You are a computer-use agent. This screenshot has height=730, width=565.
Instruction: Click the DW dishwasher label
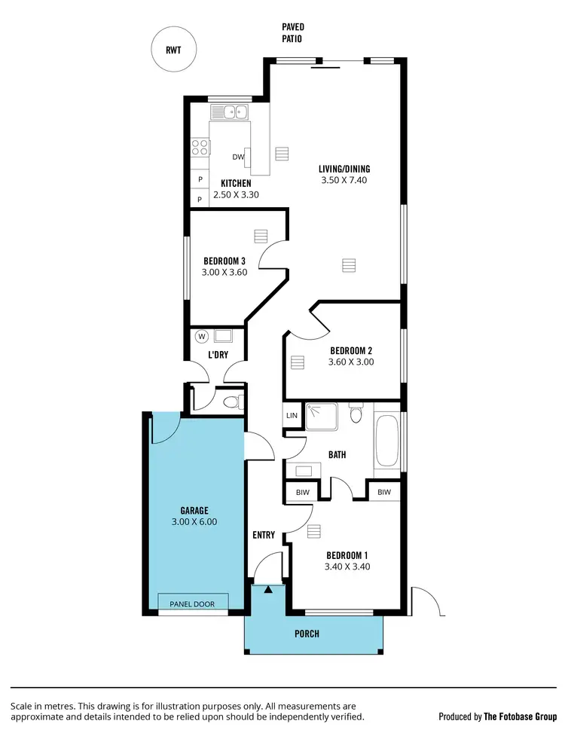click(238, 157)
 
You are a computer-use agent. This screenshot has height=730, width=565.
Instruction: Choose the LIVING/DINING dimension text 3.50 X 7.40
click(344, 180)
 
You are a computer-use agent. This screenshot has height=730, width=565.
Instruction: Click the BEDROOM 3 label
click(224, 261)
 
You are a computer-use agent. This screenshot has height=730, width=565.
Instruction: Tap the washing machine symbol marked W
click(201, 336)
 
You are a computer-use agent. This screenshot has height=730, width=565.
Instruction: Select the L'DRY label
click(218, 355)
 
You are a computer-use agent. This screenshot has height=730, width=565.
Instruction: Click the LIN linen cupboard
click(292, 415)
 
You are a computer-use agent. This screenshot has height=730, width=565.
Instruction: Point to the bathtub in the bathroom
click(388, 440)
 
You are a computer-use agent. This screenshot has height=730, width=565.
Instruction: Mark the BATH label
click(337, 455)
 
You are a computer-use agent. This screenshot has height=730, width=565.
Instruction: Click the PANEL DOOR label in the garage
click(192, 603)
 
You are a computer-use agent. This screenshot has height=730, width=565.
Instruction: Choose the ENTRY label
click(264, 536)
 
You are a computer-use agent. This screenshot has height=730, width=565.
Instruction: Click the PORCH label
click(307, 634)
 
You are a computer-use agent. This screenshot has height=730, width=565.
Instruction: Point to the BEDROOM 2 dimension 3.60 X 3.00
click(351, 362)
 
